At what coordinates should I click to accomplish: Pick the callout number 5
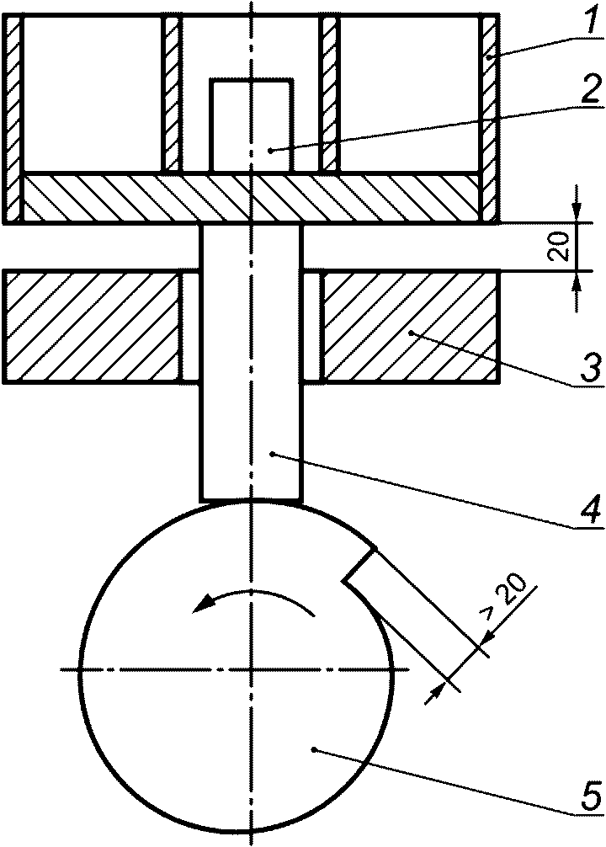click(590, 794)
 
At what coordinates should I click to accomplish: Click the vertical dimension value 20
click(561, 247)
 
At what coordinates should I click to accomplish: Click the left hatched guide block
click(92, 328)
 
